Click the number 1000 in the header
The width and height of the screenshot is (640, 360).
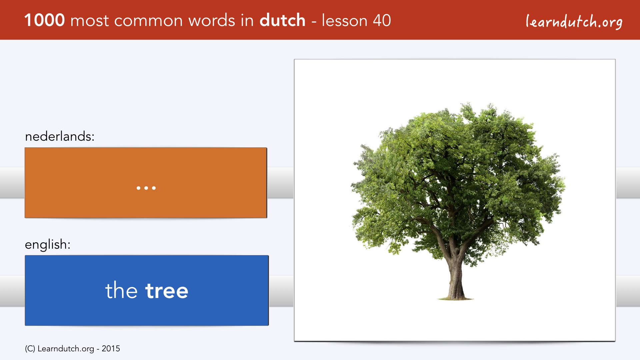point(45,20)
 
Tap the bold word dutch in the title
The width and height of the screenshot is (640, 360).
point(282,20)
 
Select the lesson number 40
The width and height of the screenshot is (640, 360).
point(382,20)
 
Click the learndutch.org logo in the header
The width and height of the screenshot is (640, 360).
point(574,22)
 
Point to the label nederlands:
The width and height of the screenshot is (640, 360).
point(60,136)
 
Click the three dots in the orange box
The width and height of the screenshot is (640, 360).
point(146,188)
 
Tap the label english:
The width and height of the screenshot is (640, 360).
point(48,244)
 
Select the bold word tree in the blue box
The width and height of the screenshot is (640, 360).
point(167,290)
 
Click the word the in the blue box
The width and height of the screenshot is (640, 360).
point(121,290)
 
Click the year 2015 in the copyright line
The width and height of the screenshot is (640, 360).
point(111,349)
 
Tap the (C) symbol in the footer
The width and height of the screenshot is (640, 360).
point(30,349)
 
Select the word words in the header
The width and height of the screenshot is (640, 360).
point(212,20)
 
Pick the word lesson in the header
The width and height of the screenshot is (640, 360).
point(344,20)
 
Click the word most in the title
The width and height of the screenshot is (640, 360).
point(90,21)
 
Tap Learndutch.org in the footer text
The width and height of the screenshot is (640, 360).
point(66,349)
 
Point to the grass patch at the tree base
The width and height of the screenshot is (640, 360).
point(455,298)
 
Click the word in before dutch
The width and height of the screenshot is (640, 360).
point(247,20)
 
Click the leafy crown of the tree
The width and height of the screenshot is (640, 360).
point(457,173)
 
